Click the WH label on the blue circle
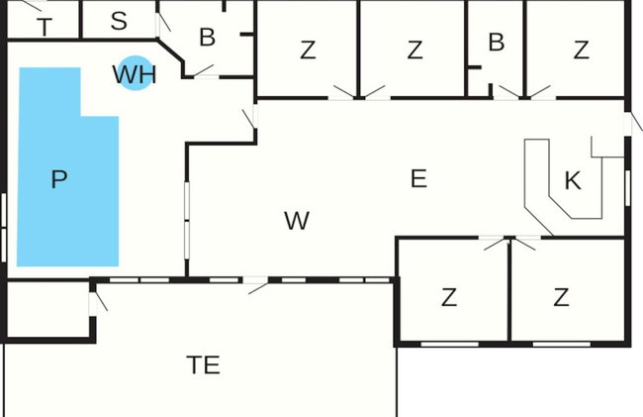click(135, 74)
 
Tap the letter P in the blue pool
click(59, 179)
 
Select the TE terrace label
click(204, 365)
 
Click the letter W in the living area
click(297, 221)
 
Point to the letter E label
click(418, 179)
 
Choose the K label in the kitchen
click(573, 180)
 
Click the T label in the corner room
click(45, 28)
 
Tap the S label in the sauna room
click(119, 21)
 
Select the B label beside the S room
click(207, 38)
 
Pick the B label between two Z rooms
click(497, 42)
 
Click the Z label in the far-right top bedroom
click(581, 50)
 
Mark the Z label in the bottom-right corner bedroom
click(561, 297)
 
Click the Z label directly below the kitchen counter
click(449, 297)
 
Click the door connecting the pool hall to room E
click(250, 118)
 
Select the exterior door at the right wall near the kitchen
click(633, 122)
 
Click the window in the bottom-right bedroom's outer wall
click(562, 344)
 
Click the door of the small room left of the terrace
click(98, 301)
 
